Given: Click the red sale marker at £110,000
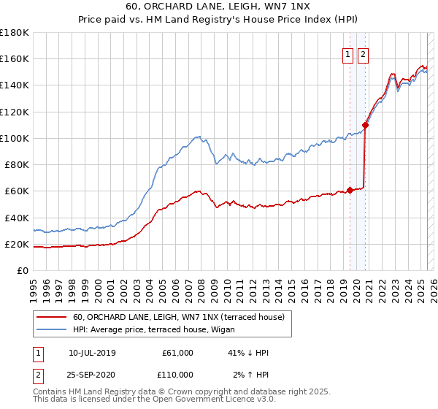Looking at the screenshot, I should pyautogui.click(x=365, y=125).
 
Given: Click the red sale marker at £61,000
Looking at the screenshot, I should pyautogui.click(x=350, y=190).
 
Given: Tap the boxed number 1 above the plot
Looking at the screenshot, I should pyautogui.click(x=347, y=53).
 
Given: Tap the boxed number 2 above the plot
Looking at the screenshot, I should pyautogui.click(x=363, y=53).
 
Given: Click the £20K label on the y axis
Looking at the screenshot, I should pyautogui.click(x=17, y=244).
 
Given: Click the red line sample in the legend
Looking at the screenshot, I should pyautogui.click(x=53, y=316).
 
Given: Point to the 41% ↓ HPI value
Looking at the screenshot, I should pyautogui.click(x=247, y=353).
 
